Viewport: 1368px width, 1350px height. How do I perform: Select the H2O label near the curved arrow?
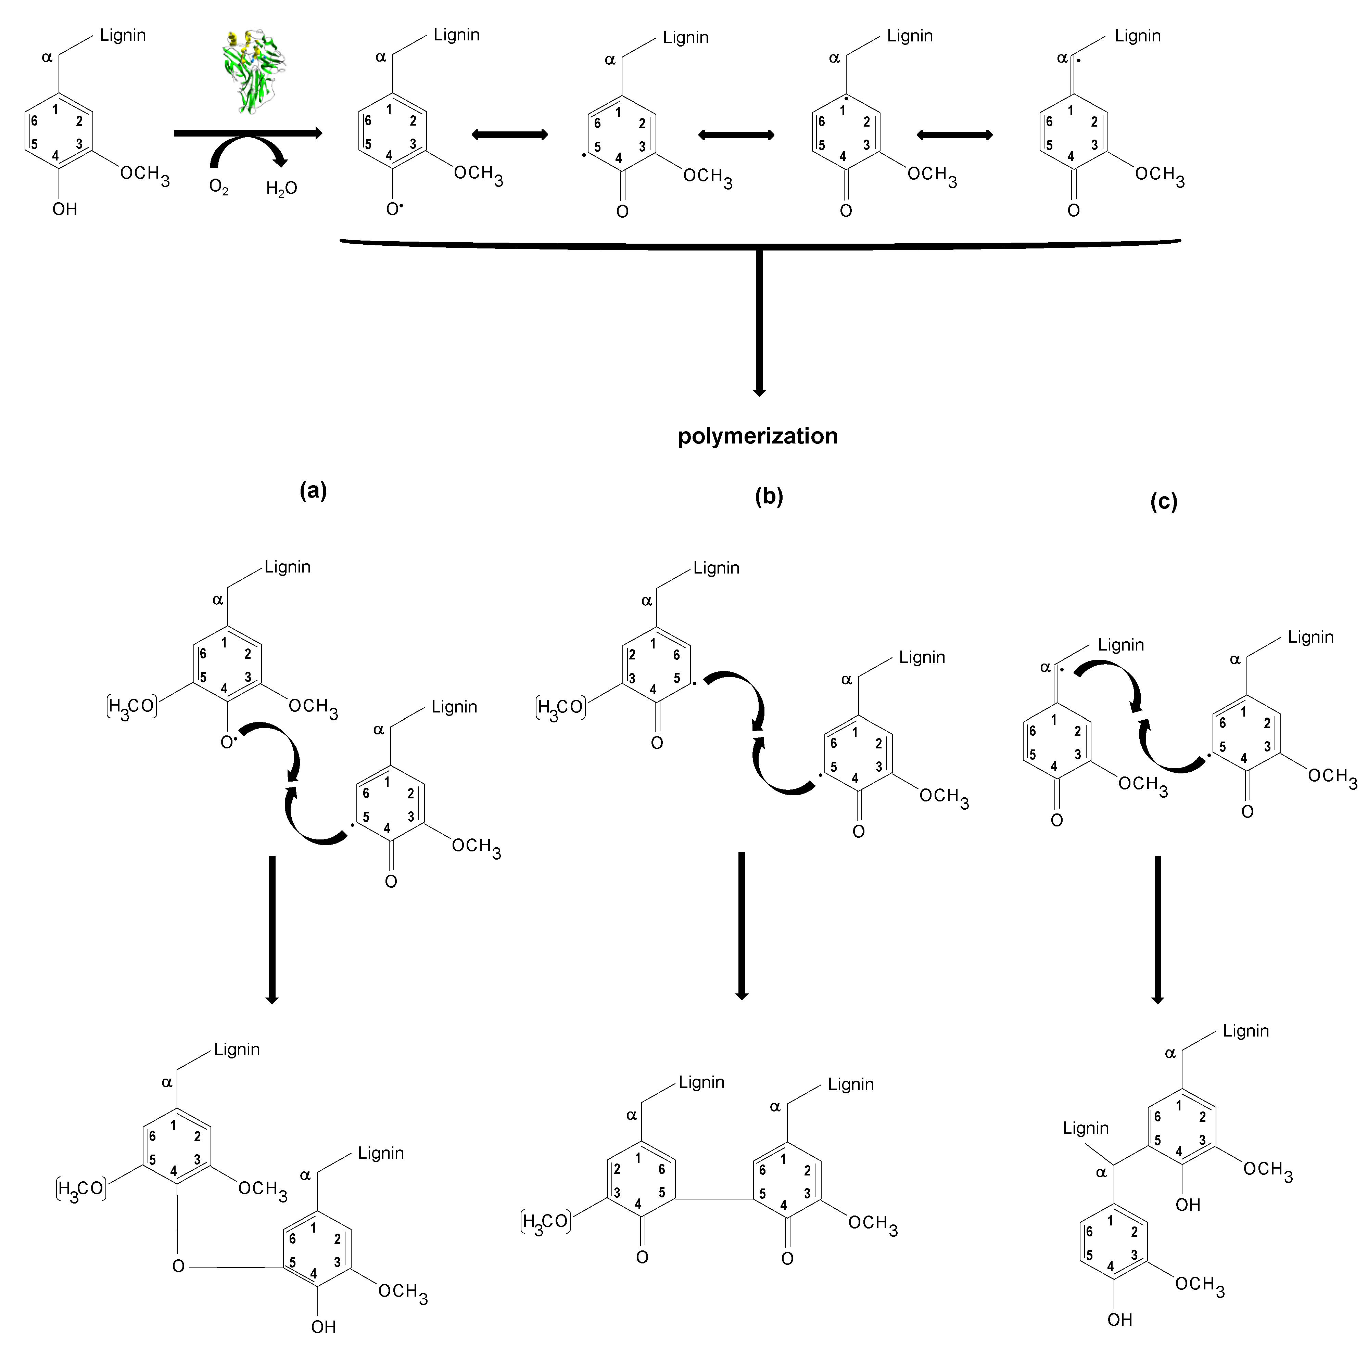pyautogui.click(x=281, y=188)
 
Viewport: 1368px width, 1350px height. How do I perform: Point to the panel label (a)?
pyautogui.click(x=313, y=490)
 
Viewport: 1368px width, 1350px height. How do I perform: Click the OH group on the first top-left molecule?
pyautogui.click(x=64, y=209)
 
